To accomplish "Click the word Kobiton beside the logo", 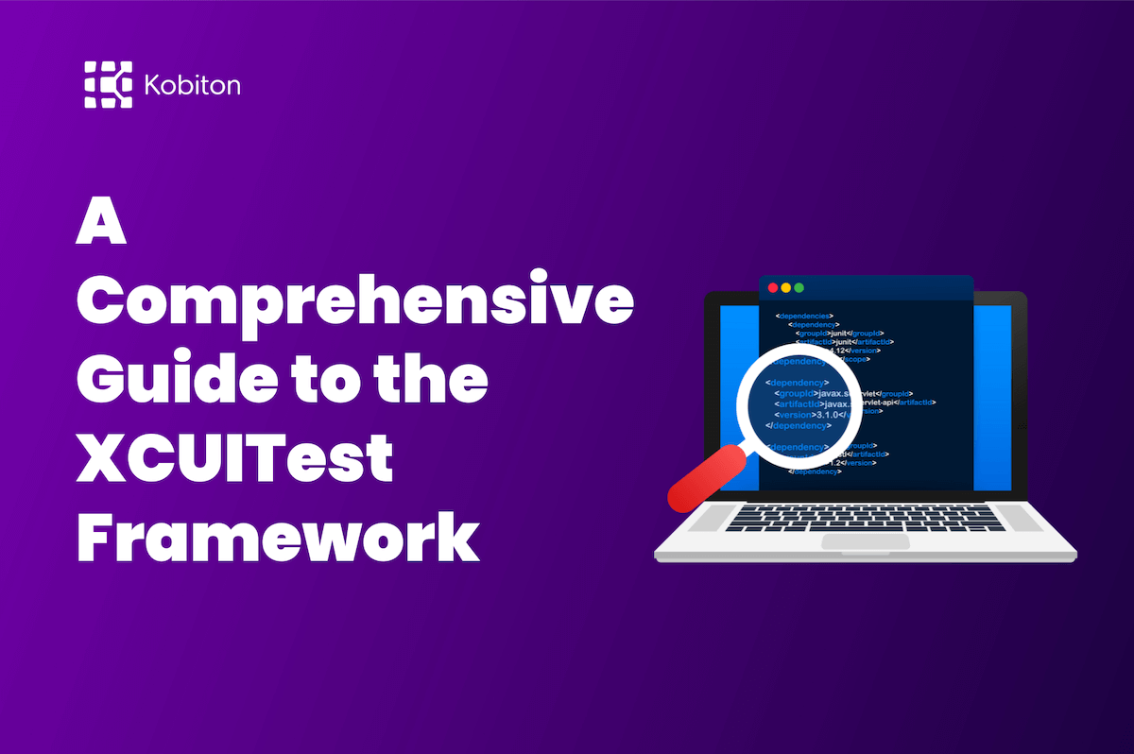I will point(193,86).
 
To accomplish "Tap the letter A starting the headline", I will point(101,226).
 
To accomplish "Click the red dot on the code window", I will point(772,287).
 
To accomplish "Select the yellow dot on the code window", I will point(785,287).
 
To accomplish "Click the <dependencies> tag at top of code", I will point(804,316).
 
